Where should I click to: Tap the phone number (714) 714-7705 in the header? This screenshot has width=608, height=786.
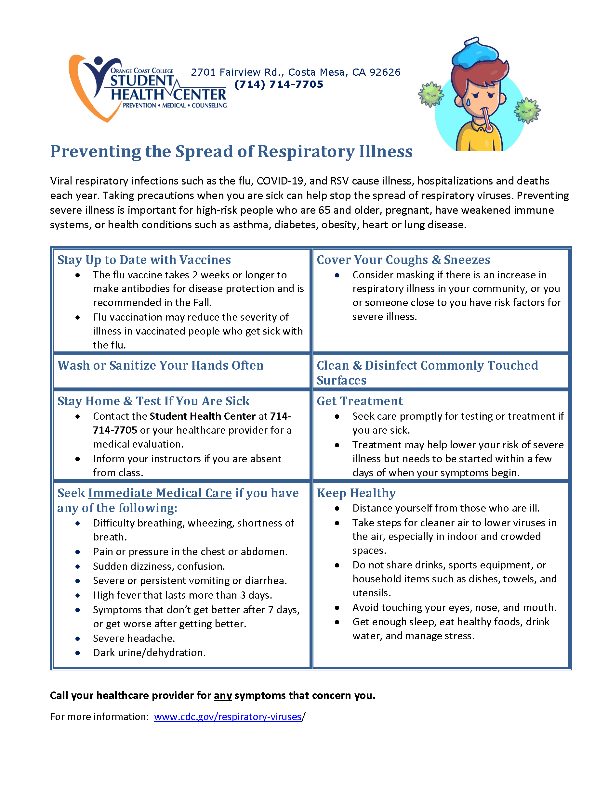[x=278, y=84]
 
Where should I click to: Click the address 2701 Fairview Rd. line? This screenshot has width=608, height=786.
[x=295, y=72]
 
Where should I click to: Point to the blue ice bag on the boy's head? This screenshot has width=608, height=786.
[x=475, y=54]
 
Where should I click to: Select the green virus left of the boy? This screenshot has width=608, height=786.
[x=430, y=94]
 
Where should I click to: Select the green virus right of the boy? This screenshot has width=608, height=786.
[x=527, y=110]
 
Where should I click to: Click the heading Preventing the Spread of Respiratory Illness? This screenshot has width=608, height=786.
[x=231, y=151]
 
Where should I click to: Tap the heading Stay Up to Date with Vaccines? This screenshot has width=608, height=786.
[x=144, y=260]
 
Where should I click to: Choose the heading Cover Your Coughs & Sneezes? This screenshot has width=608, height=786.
[x=403, y=260]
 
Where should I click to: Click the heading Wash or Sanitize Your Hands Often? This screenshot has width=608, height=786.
[x=160, y=365]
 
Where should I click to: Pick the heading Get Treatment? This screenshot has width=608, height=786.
[x=360, y=401]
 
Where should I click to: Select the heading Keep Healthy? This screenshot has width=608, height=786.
[x=356, y=493]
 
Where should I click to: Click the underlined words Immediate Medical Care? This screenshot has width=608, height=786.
[x=160, y=493]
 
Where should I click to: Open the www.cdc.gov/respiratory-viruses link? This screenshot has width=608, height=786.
[x=227, y=716]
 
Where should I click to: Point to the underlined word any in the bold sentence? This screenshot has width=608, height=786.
[x=223, y=695]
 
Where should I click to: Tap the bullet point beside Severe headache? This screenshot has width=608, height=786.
[x=77, y=639]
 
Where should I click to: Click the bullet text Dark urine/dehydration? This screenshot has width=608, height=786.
[x=149, y=653]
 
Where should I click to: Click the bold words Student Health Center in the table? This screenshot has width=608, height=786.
[x=203, y=416]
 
